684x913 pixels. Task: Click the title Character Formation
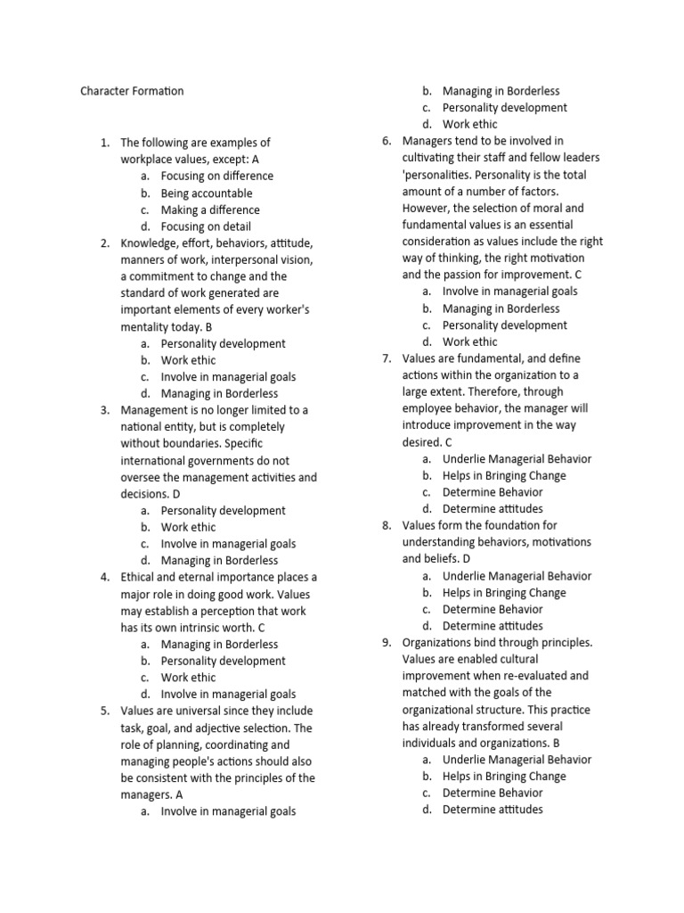132,91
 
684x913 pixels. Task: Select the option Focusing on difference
216,176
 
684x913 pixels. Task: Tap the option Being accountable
206,193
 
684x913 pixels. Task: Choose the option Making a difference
210,210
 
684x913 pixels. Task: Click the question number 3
104,410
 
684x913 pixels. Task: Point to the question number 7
386,358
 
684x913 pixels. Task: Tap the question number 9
386,642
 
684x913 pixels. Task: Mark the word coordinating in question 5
241,744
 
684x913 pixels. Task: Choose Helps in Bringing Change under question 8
503,593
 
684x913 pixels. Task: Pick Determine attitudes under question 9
493,810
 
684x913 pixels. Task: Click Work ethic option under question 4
188,678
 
